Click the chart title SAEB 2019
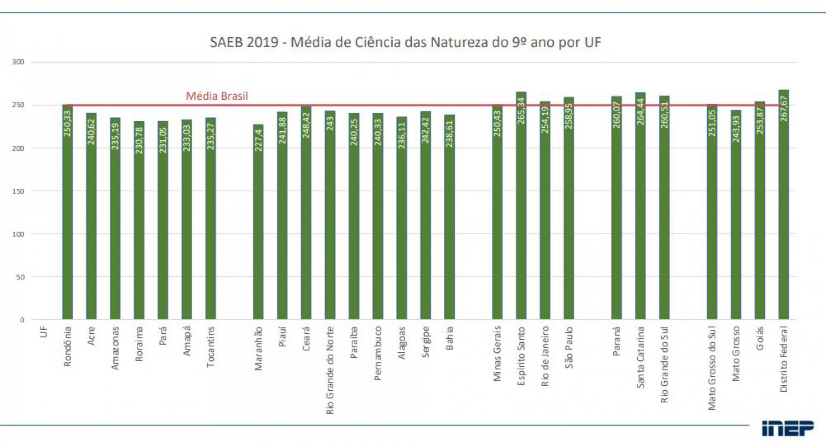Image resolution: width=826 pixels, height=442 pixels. [405, 43]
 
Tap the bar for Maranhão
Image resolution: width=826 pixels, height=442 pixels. [258, 224]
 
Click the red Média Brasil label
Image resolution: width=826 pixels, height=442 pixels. [217, 96]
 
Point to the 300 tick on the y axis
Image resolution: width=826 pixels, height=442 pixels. [18, 62]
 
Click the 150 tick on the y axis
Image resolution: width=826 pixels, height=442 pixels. [18, 191]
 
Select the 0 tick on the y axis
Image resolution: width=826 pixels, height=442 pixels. [22, 320]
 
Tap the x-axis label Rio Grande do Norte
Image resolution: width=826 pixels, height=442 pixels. [330, 370]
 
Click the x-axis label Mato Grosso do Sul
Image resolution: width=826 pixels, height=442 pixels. [712, 368]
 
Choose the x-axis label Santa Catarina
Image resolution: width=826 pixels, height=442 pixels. [640, 357]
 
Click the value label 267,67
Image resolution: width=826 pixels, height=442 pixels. [784, 108]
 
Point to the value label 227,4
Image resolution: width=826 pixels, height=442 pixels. [258, 140]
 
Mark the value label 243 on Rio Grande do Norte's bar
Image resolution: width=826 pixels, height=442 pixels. [330, 123]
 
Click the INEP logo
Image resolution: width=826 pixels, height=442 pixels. [788, 428]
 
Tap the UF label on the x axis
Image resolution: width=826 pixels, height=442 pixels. [43, 332]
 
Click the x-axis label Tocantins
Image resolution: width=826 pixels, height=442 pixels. [210, 347]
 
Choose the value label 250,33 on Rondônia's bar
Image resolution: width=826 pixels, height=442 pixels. [68, 124]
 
